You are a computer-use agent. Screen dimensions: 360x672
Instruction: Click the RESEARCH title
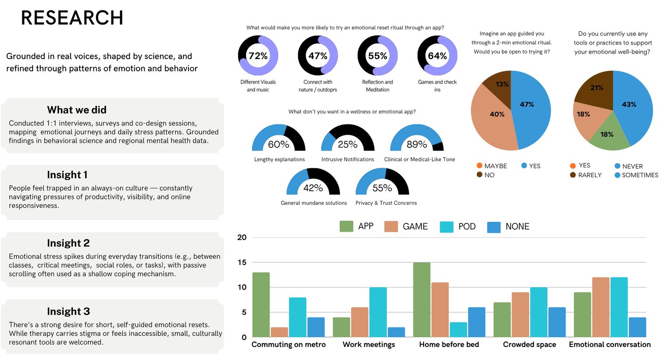coord(72,18)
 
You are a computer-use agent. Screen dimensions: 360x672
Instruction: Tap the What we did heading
coord(77,110)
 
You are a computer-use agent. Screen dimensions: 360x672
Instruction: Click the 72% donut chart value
coord(258,56)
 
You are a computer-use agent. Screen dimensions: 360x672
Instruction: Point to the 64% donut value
coord(437,56)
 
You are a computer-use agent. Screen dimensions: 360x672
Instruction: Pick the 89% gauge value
coord(417,145)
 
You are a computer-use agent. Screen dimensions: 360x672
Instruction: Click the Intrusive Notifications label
coord(348,159)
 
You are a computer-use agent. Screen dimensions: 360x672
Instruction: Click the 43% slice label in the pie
coord(629,104)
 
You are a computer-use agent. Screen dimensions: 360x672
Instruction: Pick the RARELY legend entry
coord(589,175)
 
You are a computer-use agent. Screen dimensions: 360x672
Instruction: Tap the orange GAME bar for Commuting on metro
coord(279,332)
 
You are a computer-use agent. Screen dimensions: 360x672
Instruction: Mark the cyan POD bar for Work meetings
coord(378,312)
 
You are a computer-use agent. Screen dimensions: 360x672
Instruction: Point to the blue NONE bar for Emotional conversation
coord(637,327)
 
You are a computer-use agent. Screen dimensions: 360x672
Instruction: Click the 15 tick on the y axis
coord(242,262)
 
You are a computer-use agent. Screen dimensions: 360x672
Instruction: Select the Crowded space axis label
coord(529,345)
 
